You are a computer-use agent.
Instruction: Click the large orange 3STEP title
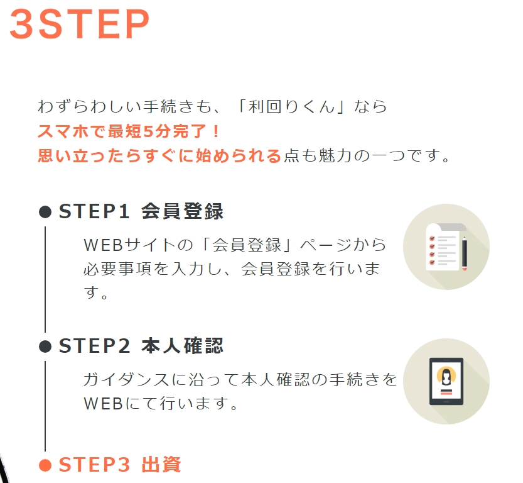(x=79, y=24)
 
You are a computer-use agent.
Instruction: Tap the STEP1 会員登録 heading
(x=141, y=211)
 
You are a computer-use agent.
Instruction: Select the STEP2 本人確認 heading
(x=141, y=346)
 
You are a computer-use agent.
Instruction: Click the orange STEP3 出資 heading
(x=120, y=464)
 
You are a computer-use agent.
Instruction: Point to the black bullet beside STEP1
(x=45, y=212)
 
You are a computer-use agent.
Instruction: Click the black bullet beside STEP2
(x=45, y=347)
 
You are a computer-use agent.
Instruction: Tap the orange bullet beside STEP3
(x=45, y=465)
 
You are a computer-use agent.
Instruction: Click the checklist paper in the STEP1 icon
(x=443, y=247)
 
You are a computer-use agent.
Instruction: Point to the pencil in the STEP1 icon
(x=465, y=253)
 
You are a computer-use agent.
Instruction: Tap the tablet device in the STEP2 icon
(x=446, y=382)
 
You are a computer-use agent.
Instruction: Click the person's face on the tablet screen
(x=446, y=376)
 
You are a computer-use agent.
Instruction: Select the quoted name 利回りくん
(x=291, y=106)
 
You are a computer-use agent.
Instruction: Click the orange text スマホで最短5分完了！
(x=129, y=131)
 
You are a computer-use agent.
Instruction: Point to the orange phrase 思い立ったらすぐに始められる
(x=159, y=156)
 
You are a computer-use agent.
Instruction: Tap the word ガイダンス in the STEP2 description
(x=126, y=380)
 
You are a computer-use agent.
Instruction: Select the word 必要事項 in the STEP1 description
(x=118, y=269)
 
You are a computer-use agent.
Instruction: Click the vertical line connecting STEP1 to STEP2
(x=45, y=279)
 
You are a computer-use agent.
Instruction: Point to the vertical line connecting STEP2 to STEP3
(x=45, y=406)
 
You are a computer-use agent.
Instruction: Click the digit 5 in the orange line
(x=148, y=131)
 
